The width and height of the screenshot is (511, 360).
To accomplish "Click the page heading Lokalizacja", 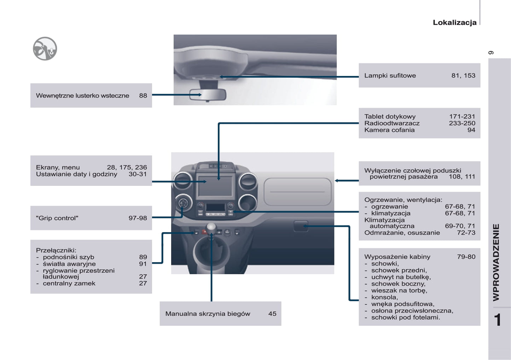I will pyautogui.click(x=454, y=23).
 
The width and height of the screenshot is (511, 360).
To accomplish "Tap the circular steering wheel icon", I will pyautogui.click(x=45, y=49).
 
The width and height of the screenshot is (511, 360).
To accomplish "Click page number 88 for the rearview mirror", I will pyautogui.click(x=143, y=96).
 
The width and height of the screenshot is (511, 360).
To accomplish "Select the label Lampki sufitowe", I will pyautogui.click(x=390, y=76).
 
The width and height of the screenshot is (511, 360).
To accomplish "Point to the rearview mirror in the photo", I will pyautogui.click(x=208, y=95).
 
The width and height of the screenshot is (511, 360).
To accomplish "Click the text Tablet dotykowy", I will pyautogui.click(x=390, y=117).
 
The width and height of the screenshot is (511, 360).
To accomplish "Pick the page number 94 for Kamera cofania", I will pyautogui.click(x=471, y=130).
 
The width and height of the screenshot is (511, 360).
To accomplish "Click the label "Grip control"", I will pyautogui.click(x=57, y=218).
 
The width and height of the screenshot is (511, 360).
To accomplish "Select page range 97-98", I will pyautogui.click(x=138, y=218).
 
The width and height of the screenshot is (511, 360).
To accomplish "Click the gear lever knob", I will pyautogui.click(x=211, y=227).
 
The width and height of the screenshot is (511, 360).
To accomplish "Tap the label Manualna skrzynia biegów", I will pyautogui.click(x=208, y=314).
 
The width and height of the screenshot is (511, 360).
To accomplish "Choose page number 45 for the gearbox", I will pyautogui.click(x=272, y=314).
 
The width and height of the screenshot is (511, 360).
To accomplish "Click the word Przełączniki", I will pyautogui.click(x=56, y=250).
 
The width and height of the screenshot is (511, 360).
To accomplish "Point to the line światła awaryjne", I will pyautogui.click(x=69, y=264).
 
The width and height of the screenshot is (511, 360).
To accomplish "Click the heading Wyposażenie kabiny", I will pyautogui.click(x=397, y=257).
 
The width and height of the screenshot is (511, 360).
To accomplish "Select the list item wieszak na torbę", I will pyautogui.click(x=399, y=290).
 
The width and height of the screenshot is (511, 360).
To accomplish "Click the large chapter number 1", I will pyautogui.click(x=498, y=320).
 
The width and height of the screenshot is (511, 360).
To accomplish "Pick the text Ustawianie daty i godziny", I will pyautogui.click(x=76, y=174).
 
